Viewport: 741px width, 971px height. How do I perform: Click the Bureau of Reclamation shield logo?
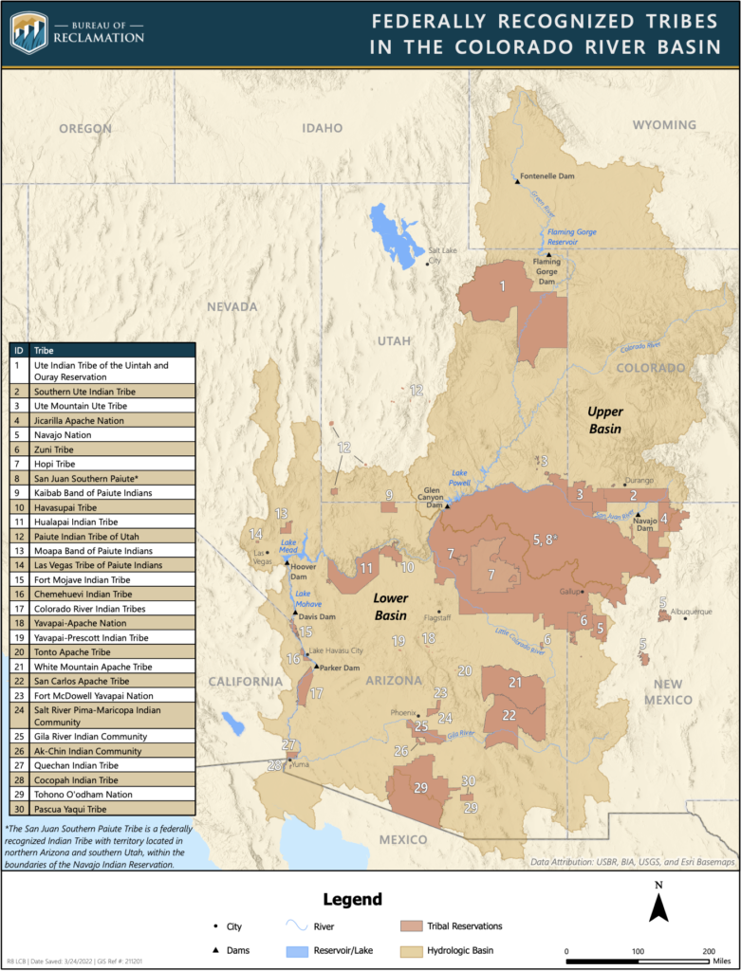28,32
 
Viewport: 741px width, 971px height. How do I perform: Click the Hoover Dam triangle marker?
287,563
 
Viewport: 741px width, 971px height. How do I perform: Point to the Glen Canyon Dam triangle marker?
448,505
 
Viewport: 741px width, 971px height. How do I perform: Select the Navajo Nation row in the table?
102,434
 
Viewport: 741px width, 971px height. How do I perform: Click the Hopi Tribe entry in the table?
102,464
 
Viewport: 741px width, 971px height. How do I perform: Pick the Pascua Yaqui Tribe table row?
102,809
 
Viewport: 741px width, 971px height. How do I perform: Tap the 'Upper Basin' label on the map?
603,420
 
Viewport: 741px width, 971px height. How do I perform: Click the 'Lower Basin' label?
391,606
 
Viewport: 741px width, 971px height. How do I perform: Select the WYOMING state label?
663,125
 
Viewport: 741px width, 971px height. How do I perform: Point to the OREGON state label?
85,128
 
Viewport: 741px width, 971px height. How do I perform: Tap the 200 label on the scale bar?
708,950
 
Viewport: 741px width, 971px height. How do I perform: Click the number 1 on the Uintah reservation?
503,284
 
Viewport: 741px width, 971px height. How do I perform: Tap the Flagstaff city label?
442,622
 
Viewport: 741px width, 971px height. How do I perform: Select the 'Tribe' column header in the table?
45,349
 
